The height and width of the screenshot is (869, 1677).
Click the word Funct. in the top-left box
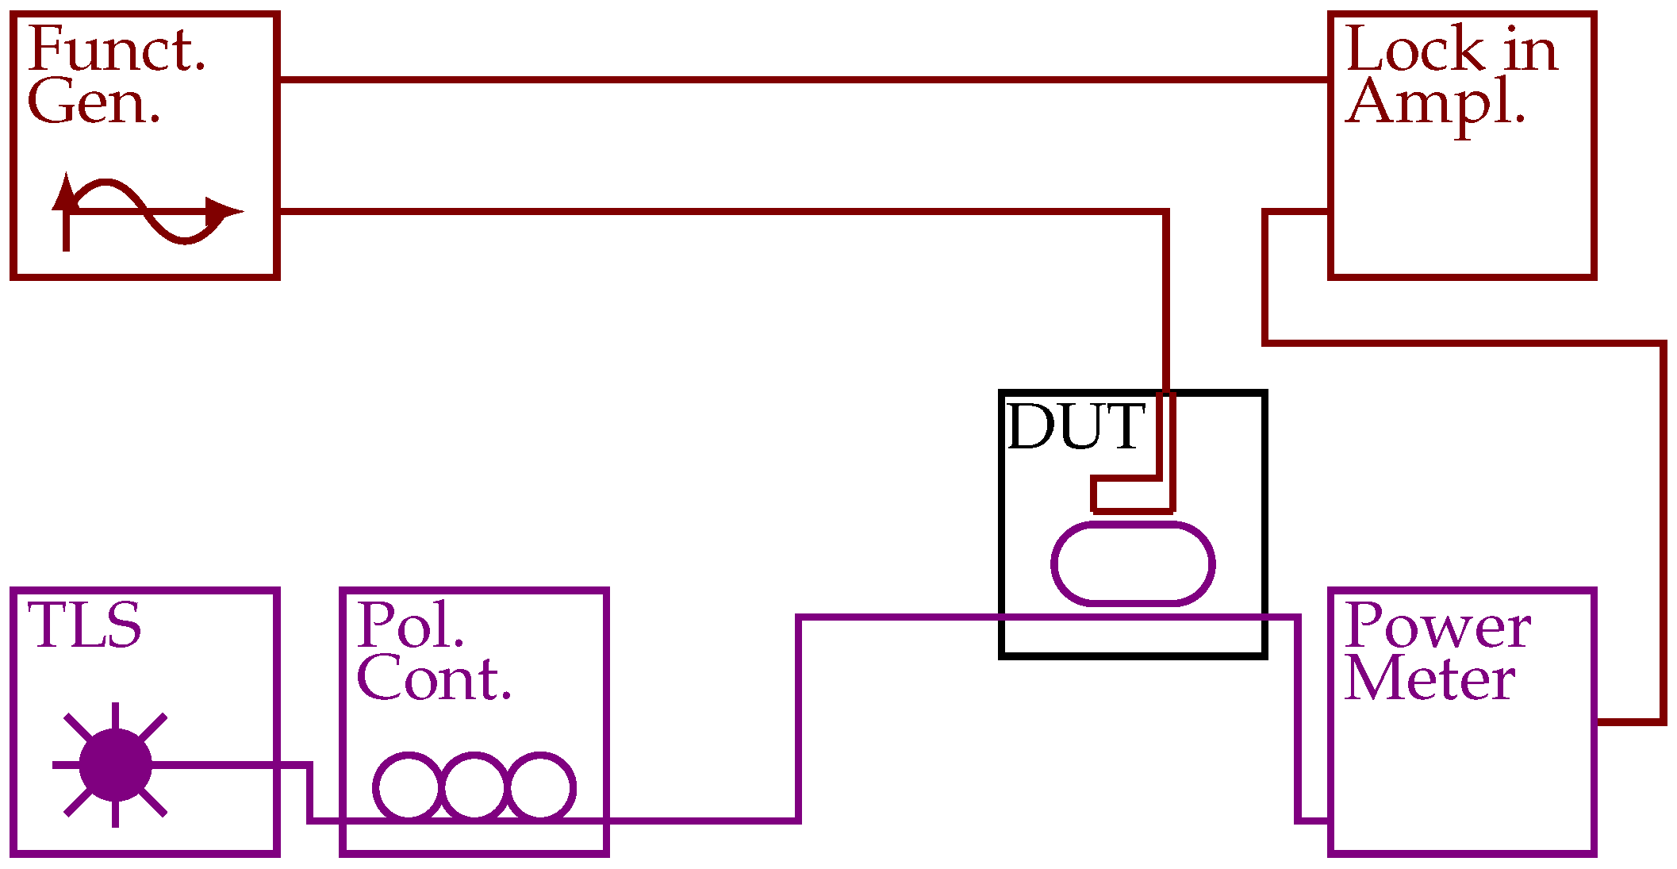[x=117, y=50]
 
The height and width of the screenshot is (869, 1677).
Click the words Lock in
[x=1451, y=50]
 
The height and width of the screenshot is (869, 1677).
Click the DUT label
[x=1076, y=427]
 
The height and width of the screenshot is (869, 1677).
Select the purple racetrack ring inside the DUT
[x=1133, y=563]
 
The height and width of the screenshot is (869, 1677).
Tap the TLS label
[x=84, y=626]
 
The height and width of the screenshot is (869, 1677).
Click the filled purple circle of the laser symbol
[x=115, y=765]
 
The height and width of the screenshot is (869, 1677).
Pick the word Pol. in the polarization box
[x=410, y=626]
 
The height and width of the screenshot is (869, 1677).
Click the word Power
[x=1437, y=626]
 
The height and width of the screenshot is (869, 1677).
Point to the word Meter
[x=1429, y=680]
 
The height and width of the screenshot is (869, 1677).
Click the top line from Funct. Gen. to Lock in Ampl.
[x=801, y=79]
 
